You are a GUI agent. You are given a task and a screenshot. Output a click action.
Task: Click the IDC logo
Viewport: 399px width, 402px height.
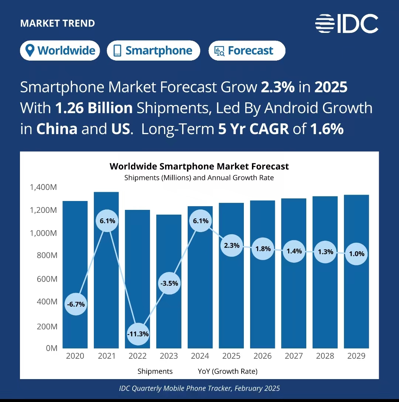point(347,24)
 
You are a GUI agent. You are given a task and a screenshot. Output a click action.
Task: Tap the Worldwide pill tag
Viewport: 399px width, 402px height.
point(60,51)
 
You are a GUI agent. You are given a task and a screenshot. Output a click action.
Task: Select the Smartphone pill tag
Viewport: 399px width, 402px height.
point(153,51)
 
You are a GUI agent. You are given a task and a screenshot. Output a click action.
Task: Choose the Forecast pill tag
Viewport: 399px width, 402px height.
point(247,51)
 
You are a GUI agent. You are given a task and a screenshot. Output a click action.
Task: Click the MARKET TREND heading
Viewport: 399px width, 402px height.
point(57,23)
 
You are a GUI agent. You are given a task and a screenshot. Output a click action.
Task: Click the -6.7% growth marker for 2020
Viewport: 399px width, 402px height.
point(75,304)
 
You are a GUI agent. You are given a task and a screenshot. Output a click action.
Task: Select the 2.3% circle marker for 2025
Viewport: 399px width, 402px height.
point(232,245)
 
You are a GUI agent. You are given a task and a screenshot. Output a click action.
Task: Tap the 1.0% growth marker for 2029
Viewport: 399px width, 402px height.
point(357,254)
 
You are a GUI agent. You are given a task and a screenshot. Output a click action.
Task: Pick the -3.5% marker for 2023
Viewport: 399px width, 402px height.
point(169,283)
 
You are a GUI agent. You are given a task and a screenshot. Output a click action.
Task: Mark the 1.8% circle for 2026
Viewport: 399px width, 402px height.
point(263,249)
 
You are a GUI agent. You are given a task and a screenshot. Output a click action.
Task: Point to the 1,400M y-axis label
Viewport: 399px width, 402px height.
point(43,187)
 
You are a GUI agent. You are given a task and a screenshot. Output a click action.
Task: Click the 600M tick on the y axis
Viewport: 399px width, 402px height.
point(47,279)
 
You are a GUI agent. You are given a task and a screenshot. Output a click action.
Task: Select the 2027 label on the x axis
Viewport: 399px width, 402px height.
point(294,356)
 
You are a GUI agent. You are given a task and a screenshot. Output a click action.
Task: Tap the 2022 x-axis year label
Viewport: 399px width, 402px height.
point(137,356)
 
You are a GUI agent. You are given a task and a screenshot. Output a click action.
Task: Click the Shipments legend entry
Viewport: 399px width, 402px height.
point(155,371)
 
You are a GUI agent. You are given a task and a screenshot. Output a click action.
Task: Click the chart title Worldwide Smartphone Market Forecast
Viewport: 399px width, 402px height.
point(199,166)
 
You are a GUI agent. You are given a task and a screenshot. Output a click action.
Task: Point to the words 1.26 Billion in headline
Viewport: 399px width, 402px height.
point(94,108)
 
